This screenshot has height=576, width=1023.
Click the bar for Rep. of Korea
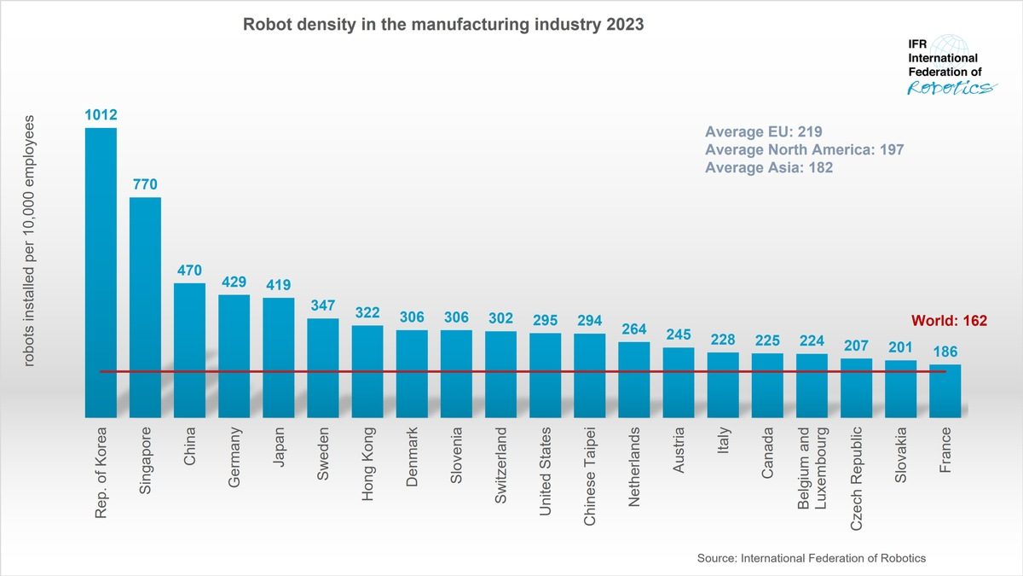click(101, 272)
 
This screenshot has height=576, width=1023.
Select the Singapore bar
click(145, 307)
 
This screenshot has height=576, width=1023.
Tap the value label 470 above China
click(189, 271)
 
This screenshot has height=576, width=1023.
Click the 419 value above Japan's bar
click(278, 285)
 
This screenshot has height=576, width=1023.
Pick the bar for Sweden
click(322, 368)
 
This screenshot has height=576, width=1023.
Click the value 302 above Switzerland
click(500, 318)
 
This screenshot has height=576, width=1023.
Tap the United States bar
click(545, 375)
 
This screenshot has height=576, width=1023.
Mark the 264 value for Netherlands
click(633, 329)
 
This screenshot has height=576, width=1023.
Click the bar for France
click(945, 391)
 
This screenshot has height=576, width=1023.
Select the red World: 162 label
click(949, 321)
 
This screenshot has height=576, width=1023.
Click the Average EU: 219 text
click(763, 131)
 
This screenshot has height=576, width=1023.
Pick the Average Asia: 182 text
click(769, 168)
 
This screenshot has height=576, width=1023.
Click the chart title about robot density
click(443, 25)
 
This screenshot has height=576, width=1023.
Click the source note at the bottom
click(811, 557)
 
